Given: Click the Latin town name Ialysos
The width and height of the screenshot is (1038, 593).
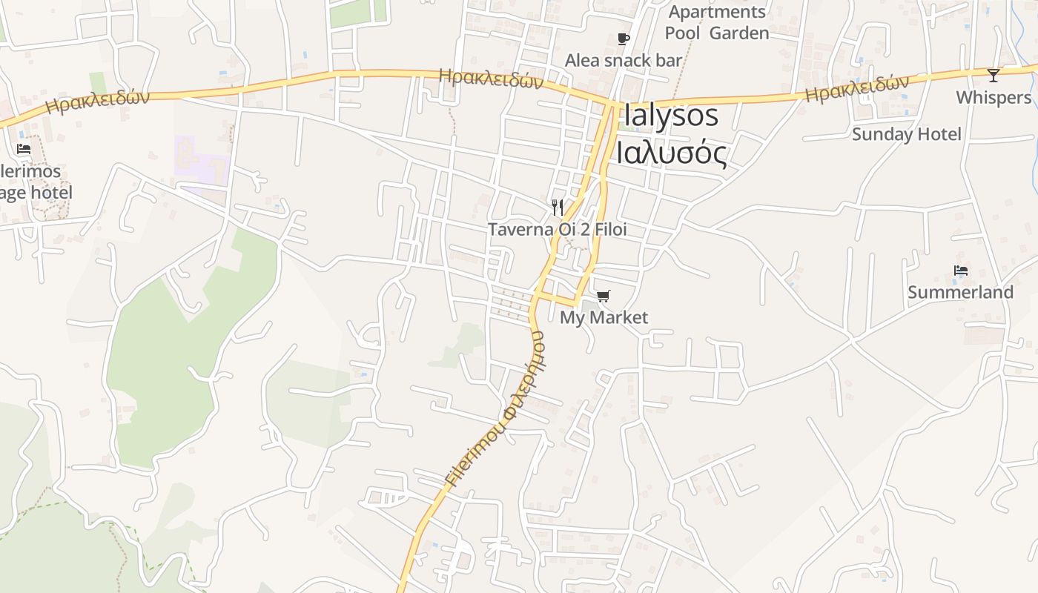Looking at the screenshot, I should [x=672, y=116].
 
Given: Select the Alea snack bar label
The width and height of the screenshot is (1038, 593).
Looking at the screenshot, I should [x=623, y=61].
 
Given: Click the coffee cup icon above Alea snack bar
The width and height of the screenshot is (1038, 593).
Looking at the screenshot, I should [x=624, y=39].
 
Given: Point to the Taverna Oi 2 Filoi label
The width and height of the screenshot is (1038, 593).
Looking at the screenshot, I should [x=557, y=230].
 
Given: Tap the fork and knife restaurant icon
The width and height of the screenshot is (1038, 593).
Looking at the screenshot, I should [x=558, y=207].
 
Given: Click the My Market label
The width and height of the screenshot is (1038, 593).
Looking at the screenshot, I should [x=604, y=318].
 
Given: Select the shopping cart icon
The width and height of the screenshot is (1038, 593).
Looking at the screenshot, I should [x=604, y=296].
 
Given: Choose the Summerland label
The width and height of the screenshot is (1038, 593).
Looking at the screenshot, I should [x=960, y=292].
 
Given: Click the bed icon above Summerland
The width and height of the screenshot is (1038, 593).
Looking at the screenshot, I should [x=961, y=271].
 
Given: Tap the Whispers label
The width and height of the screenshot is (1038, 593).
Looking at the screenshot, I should [x=994, y=98].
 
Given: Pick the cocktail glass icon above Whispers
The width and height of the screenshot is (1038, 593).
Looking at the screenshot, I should [x=994, y=76].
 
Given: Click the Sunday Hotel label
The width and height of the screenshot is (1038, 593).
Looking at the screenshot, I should [x=906, y=134].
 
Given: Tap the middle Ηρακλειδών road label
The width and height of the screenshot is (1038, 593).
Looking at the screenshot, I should [x=491, y=78].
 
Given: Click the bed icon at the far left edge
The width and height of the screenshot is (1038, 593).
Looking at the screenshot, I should [x=24, y=149].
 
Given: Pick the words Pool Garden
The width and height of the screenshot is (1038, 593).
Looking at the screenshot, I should [x=717, y=33].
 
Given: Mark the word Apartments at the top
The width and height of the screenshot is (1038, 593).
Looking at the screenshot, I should [x=717, y=12].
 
